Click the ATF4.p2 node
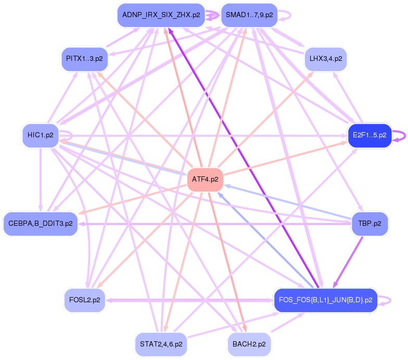point(205,179)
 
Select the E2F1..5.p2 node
point(369,135)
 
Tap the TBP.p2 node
point(370,224)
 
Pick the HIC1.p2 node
point(41,135)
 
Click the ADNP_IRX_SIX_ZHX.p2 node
point(161,15)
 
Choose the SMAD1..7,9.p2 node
point(249,15)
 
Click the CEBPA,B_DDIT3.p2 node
point(41,224)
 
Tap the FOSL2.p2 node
point(84,300)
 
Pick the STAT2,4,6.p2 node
point(161,344)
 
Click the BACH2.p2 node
point(249,344)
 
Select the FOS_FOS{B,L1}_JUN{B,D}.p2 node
point(325,300)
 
